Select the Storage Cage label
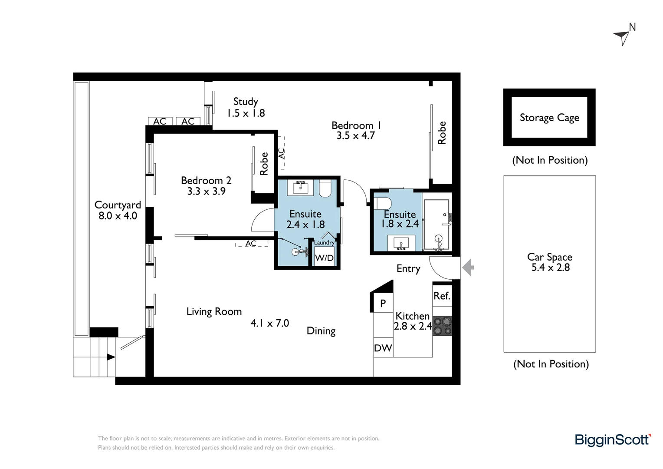pos(549,118)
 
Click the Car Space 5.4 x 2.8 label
pos(550,262)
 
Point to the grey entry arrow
pos(468,268)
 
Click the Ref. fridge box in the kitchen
pos(442,296)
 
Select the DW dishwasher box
pos(383,348)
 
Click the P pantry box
pos(383,304)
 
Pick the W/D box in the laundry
pos(324,258)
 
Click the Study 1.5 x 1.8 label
pos(246,107)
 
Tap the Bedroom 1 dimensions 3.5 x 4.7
pos(355,136)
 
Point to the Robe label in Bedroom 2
pos(264,164)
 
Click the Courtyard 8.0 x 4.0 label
pos(118,210)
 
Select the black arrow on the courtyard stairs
pos(111,357)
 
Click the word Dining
pos(321,331)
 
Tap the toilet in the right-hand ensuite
pos(383,203)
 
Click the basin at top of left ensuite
pos(300,188)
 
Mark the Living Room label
pos(214,311)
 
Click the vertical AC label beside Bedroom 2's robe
pos(281,153)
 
